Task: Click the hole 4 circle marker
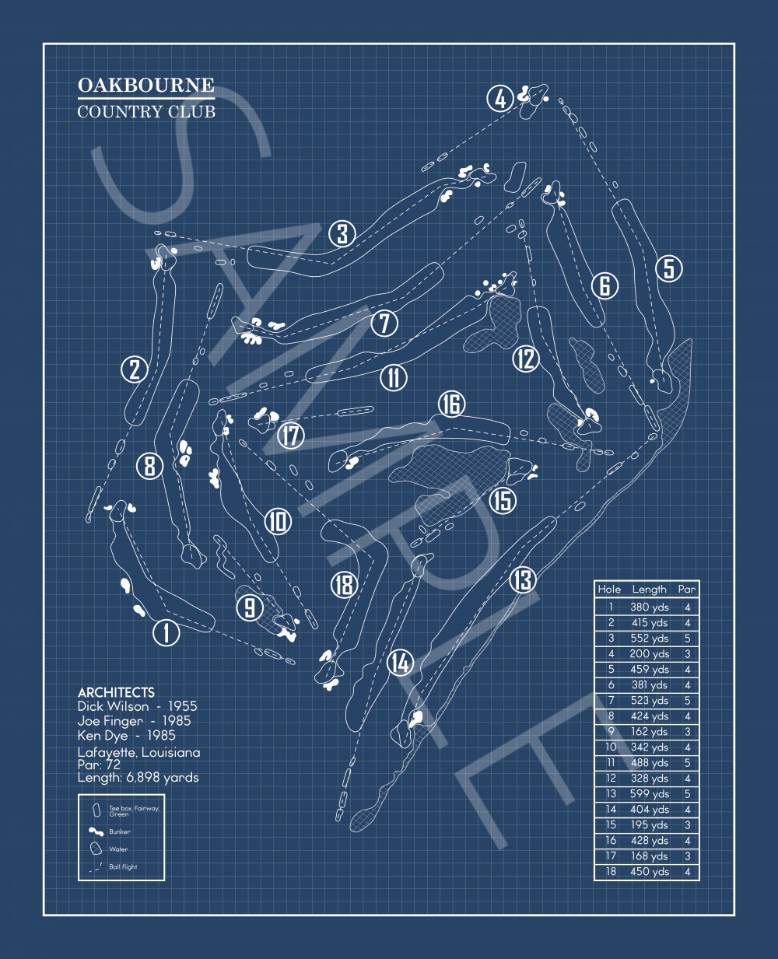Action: tap(500, 99)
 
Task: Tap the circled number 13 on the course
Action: tap(523, 579)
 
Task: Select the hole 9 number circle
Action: tap(250, 607)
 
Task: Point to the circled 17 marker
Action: tap(291, 435)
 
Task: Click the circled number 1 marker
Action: tap(166, 632)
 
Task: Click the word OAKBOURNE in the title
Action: tap(145, 85)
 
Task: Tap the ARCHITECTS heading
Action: tap(116, 692)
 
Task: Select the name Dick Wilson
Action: tap(113, 706)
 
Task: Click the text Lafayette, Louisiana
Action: tap(138, 752)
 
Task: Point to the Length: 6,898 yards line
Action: tap(138, 777)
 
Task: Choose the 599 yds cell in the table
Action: tap(650, 794)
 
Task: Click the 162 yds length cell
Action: tap(650, 732)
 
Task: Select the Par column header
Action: tap(686, 590)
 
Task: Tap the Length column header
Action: tap(650, 590)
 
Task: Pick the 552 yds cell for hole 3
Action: tap(650, 639)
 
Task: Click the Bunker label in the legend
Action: tap(120, 831)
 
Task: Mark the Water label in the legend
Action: tap(118, 849)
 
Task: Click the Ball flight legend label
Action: tap(123, 866)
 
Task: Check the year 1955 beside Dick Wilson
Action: tap(180, 706)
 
